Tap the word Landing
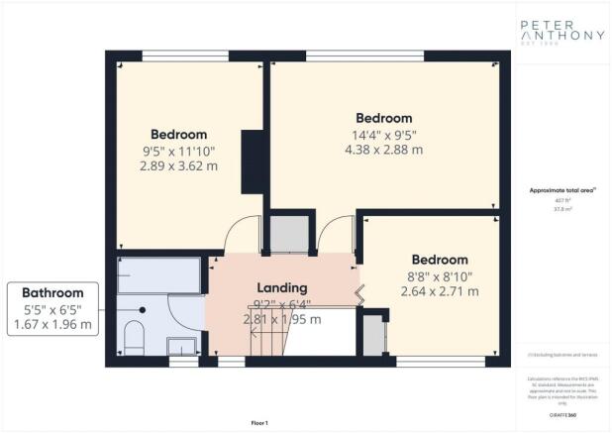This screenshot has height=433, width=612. point(282,287)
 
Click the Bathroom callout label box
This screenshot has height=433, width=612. point(55,308)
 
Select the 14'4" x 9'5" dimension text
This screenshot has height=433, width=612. point(383,135)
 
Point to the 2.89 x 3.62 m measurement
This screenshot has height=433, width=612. point(178,166)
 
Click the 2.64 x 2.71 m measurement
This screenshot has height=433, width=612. point(440,291)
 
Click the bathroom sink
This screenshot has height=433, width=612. point(180,345)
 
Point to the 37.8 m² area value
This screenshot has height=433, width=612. point(561,209)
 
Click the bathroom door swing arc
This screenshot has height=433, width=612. point(183,315)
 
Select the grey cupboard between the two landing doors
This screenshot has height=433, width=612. point(290,234)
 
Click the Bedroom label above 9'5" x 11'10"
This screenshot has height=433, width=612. point(178,134)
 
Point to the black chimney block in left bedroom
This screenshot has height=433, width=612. point(252,161)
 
